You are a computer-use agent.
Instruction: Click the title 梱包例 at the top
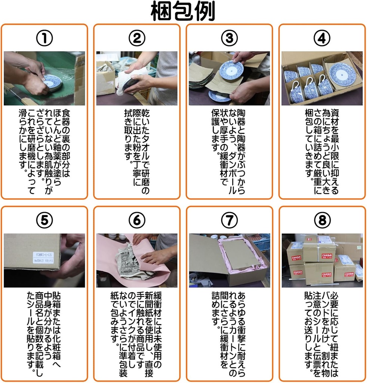[183, 12]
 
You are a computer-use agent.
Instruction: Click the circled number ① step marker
[44, 38]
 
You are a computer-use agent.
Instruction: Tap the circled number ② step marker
[137, 38]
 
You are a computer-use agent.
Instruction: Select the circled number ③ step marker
[229, 38]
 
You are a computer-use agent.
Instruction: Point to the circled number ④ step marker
[322, 38]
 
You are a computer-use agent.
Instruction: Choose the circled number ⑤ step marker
[44, 221]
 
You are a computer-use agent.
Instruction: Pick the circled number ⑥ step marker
[137, 221]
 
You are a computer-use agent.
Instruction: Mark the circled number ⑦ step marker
[229, 221]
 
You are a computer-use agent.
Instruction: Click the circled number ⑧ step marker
[322, 221]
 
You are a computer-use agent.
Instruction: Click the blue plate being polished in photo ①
[52, 82]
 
